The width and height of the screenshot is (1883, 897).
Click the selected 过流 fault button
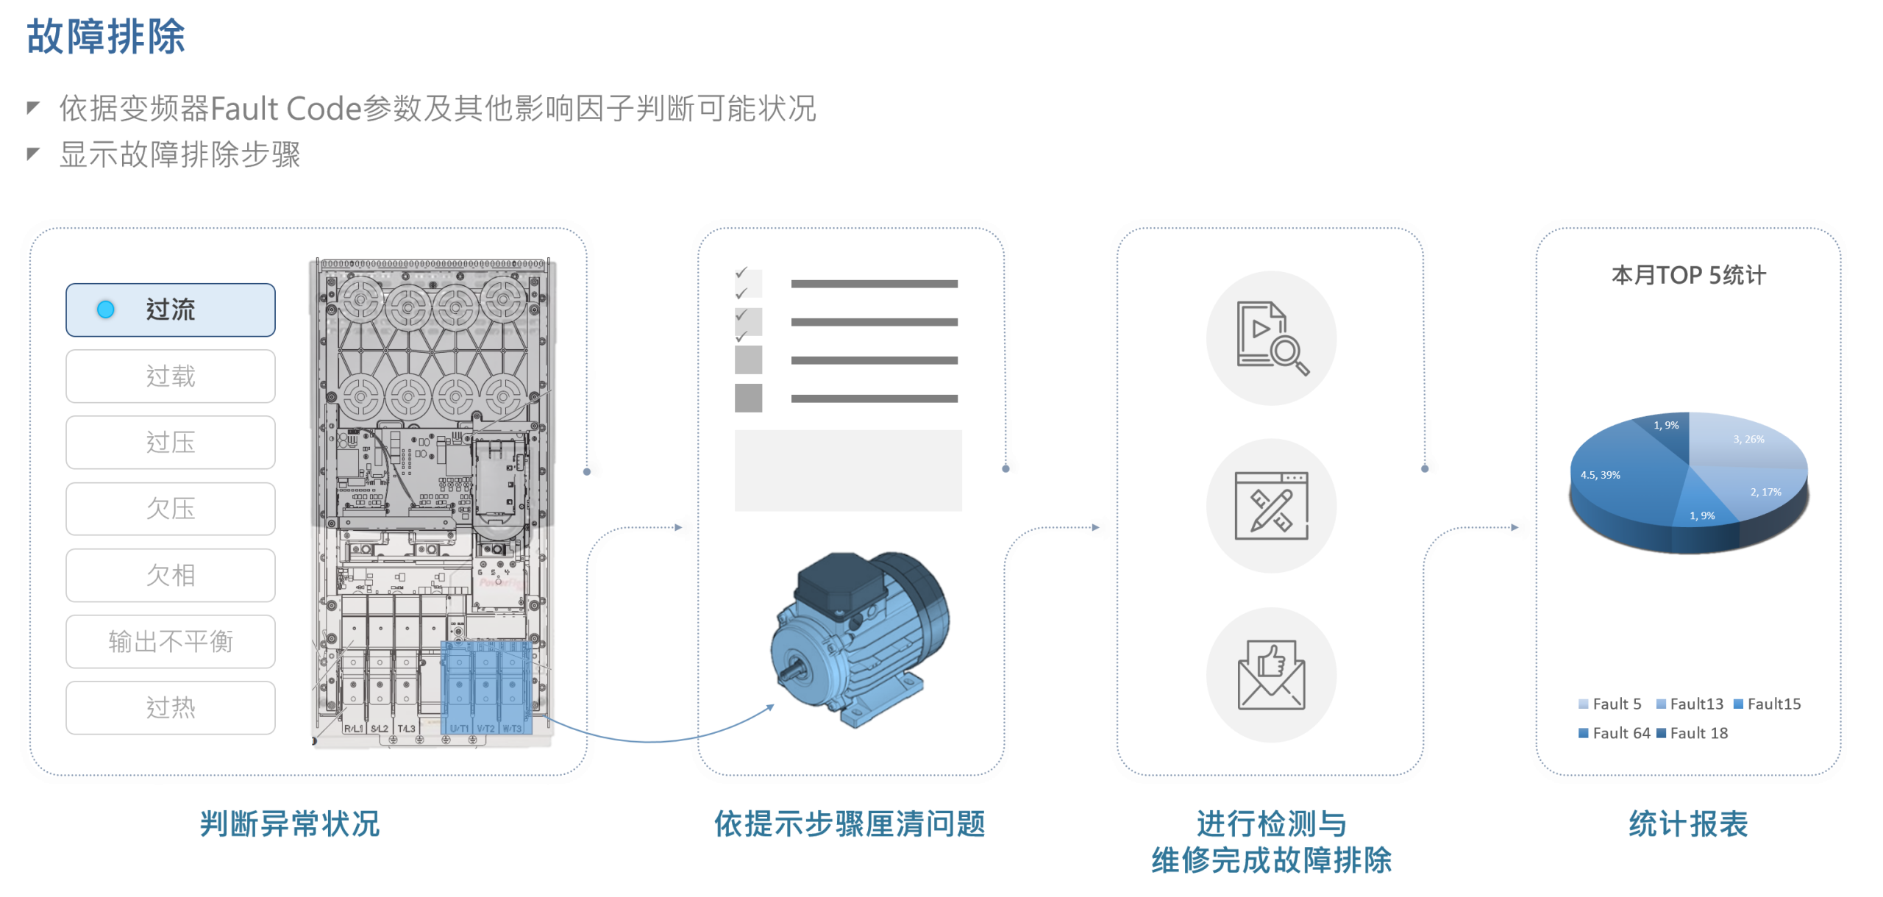click(x=171, y=310)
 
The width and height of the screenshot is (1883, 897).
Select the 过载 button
click(x=171, y=376)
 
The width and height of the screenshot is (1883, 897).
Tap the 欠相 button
click(x=171, y=575)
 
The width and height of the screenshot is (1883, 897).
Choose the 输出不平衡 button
click(x=171, y=641)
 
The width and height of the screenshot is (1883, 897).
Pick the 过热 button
click(x=171, y=707)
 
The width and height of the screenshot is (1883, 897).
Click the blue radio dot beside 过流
click(x=106, y=310)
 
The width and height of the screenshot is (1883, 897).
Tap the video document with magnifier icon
click(x=1272, y=337)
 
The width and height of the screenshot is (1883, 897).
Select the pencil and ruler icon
click(x=1272, y=506)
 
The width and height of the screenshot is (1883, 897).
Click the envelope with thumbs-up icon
click(x=1272, y=674)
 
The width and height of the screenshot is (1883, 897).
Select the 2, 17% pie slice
click(x=1765, y=490)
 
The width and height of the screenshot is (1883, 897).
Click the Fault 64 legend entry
click(x=1615, y=733)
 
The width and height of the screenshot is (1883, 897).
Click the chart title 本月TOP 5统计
click(x=1688, y=275)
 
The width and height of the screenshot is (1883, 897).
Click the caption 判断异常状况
click(x=290, y=823)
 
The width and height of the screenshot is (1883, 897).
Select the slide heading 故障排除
click(x=106, y=37)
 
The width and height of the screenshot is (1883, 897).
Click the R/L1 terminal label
click(x=354, y=728)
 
